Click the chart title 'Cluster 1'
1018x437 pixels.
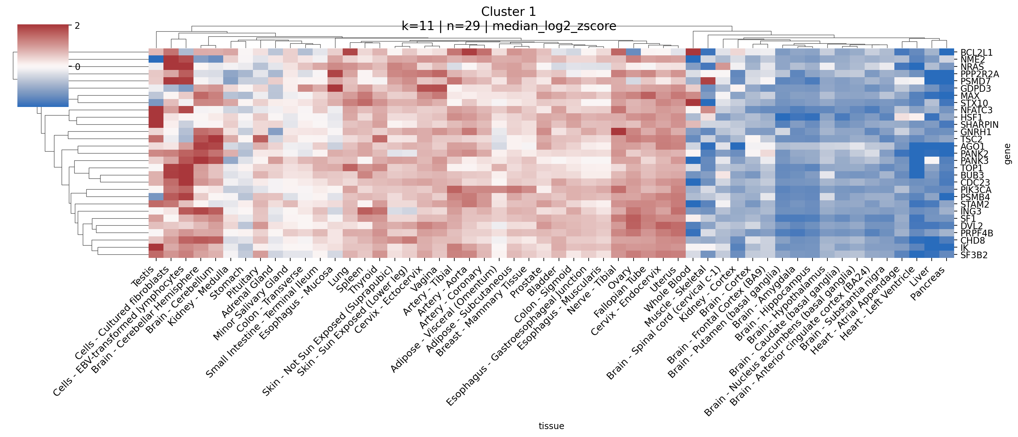[508, 11]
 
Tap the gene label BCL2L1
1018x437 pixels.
[976, 53]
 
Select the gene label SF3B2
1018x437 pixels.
[974, 255]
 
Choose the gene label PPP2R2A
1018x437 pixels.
[979, 74]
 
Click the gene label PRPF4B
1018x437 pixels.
[977, 233]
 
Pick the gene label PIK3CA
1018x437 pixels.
[976, 190]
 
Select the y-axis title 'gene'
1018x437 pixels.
[1008, 154]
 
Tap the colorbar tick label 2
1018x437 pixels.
[77, 26]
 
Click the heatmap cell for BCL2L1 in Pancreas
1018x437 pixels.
[947, 52]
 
